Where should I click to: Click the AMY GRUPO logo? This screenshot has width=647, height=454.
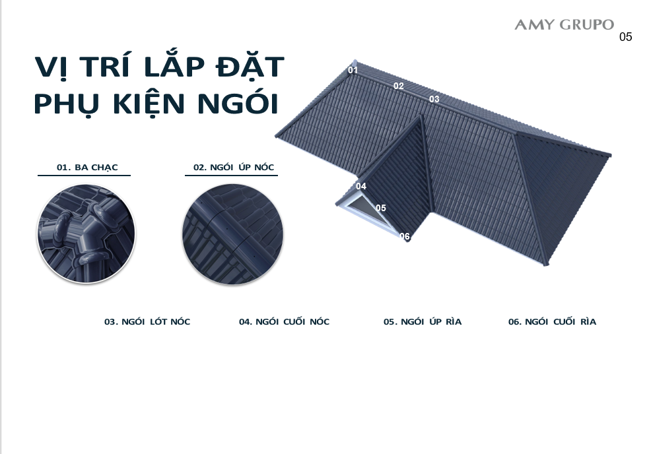tap(564, 24)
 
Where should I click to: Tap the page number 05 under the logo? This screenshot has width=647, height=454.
tap(626, 37)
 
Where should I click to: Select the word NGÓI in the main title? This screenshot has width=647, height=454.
tap(238, 103)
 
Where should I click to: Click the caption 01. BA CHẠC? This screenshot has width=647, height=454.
tap(87, 168)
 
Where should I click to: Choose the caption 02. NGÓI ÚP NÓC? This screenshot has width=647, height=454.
tap(234, 167)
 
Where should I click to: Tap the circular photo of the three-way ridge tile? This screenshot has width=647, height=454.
tap(86, 234)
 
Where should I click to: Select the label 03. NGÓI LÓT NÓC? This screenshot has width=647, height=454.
tap(147, 321)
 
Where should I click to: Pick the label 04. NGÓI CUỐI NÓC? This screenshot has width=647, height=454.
tap(284, 321)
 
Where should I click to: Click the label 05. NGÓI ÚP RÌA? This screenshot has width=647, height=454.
tap(422, 321)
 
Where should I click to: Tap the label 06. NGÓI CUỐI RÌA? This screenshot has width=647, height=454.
tap(552, 321)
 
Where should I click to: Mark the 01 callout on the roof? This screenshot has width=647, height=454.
tap(353, 70)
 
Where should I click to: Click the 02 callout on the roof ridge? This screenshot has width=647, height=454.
tap(399, 86)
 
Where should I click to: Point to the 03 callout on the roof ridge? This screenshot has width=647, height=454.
tap(434, 99)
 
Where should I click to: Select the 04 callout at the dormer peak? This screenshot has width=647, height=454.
tap(361, 186)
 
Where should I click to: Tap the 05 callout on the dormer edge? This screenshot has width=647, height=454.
tap(381, 208)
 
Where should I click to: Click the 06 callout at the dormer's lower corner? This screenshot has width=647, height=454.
tap(405, 236)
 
